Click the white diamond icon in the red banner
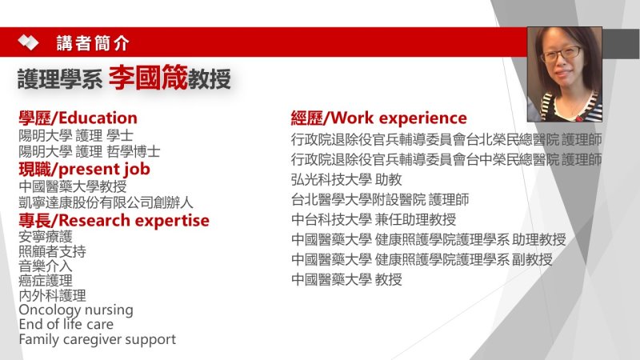pyautogui.click(x=28, y=42)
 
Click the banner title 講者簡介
pyautogui.click(x=93, y=43)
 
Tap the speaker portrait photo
pyautogui.click(x=565, y=74)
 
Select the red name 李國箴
pyautogui.click(x=148, y=77)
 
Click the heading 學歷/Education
pyautogui.click(x=78, y=118)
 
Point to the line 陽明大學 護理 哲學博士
pyautogui.click(x=90, y=151)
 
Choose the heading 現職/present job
pyautogui.click(x=84, y=169)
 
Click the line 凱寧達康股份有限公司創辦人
pyautogui.click(x=106, y=202)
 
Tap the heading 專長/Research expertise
pyautogui.click(x=114, y=221)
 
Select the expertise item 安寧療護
pyautogui.click(x=46, y=236)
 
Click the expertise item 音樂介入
pyautogui.click(x=46, y=266)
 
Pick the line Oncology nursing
pyautogui.click(x=76, y=310)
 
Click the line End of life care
pyautogui.click(x=66, y=325)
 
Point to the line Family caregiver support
pyautogui.click(x=97, y=339)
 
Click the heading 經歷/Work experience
pyautogui.click(x=378, y=118)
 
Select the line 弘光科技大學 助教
pyautogui.click(x=346, y=179)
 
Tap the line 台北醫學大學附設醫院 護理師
pyautogui.click(x=380, y=199)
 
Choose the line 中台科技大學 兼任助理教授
pyautogui.click(x=374, y=219)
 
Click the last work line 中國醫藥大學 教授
pyautogui.click(x=346, y=279)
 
